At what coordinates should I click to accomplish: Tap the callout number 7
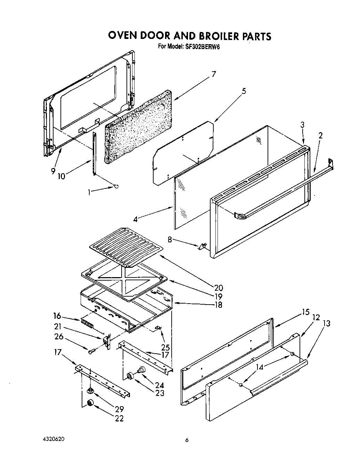coord(214,74)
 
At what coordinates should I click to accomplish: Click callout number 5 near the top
coord(244,91)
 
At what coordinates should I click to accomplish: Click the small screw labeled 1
coord(116,187)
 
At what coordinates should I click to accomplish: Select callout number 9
coord(52,171)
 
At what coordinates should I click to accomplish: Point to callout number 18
coord(218,305)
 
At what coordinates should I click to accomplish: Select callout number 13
coord(326,323)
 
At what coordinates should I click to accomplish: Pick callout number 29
coord(119,409)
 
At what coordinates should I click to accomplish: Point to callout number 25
coord(165,347)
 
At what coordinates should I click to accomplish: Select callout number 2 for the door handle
coord(320,136)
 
